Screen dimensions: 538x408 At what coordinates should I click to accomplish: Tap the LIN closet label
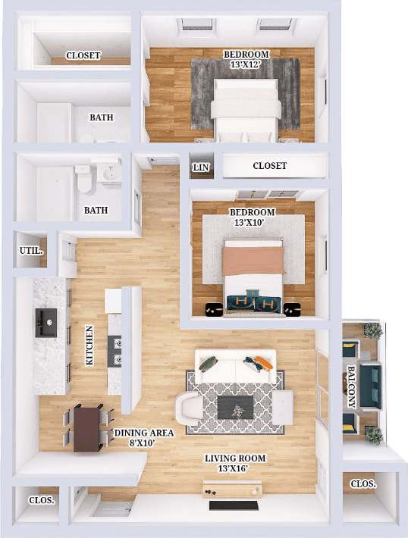[x=200, y=167]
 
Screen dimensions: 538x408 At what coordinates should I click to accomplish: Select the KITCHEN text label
[x=89, y=346]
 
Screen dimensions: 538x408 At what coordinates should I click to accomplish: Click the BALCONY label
[x=352, y=386]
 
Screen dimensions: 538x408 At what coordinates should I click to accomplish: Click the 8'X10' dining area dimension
[x=144, y=444]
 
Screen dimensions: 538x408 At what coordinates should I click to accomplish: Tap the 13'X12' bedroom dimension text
[x=246, y=64]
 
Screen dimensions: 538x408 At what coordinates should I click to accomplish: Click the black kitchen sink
[x=46, y=323]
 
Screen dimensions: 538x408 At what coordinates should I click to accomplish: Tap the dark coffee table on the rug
[x=236, y=407]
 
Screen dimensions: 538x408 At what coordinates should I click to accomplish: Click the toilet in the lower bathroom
[x=83, y=180]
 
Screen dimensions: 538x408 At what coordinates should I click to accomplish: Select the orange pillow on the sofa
[x=262, y=362]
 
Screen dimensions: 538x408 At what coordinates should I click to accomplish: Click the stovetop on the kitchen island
[x=117, y=349]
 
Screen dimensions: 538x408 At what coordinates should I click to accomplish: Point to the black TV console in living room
[x=234, y=505]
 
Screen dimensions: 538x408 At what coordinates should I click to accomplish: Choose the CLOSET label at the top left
[x=83, y=55]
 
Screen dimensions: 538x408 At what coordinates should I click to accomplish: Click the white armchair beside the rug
[x=189, y=408]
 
